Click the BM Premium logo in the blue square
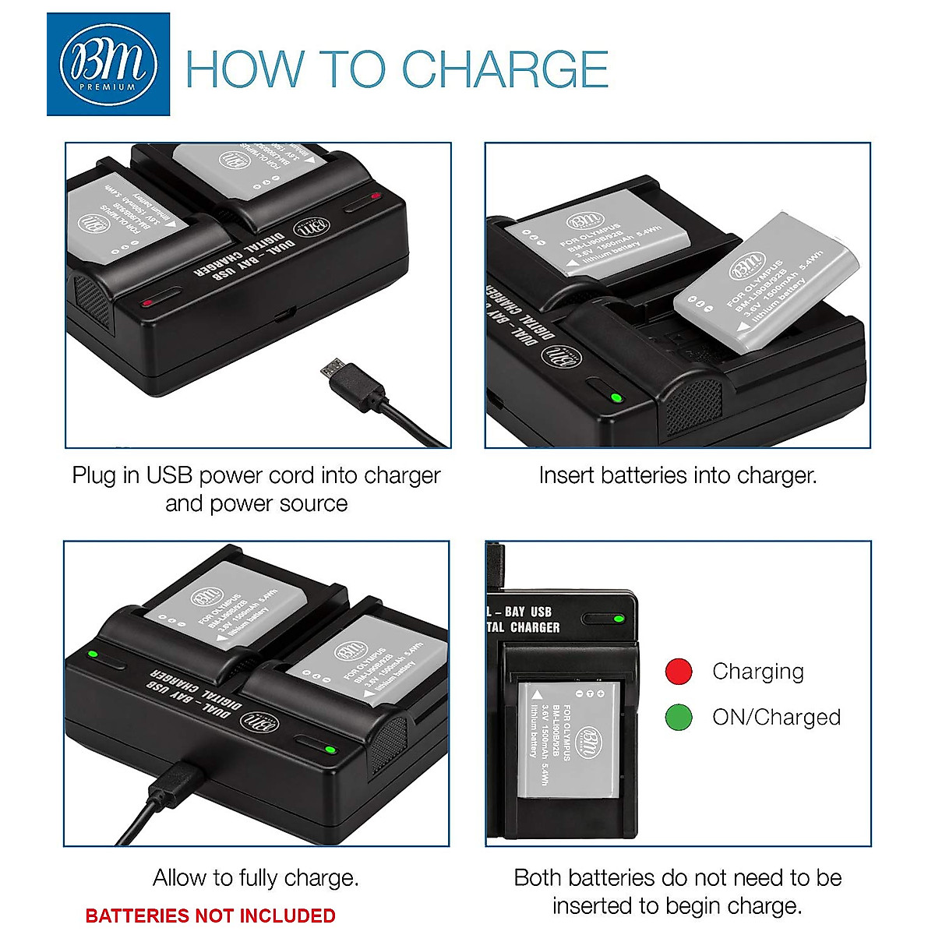[108, 65]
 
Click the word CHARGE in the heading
[505, 69]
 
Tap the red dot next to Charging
[679, 672]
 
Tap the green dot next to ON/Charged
[679, 717]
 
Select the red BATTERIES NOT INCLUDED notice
[210, 916]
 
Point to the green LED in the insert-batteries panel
[616, 398]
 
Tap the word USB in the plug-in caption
[169, 475]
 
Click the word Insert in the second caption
[563, 475]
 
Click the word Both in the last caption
[538, 878]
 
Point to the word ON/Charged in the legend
[776, 717]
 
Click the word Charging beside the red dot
[757, 672]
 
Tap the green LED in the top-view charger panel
[619, 619]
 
